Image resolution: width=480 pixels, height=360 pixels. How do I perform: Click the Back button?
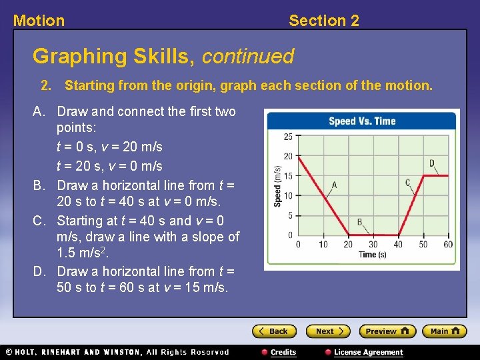[273, 331]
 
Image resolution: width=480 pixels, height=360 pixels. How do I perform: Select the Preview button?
[387, 331]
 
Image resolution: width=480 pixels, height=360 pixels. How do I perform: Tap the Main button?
[444, 331]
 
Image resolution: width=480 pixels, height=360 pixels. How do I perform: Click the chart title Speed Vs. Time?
[362, 121]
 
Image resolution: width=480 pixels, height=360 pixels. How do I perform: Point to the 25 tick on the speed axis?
[288, 137]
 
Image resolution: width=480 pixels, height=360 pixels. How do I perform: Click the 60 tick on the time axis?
[448, 245]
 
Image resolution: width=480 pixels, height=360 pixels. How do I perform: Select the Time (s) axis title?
[373, 255]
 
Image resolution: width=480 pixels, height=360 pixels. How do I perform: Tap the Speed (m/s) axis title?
[277, 186]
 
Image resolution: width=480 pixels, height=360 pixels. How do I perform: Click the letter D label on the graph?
[432, 163]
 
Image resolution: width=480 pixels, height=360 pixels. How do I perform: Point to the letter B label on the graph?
[359, 222]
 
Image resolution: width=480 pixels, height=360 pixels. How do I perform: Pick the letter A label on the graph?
[334, 185]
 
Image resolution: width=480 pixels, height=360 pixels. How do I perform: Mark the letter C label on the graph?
[408, 183]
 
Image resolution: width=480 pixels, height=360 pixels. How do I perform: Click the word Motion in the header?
[39, 21]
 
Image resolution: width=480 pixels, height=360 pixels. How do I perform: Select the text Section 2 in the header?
[323, 21]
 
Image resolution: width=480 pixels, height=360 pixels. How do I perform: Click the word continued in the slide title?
[247, 57]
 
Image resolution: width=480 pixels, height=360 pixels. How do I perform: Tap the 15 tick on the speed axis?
[288, 176]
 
